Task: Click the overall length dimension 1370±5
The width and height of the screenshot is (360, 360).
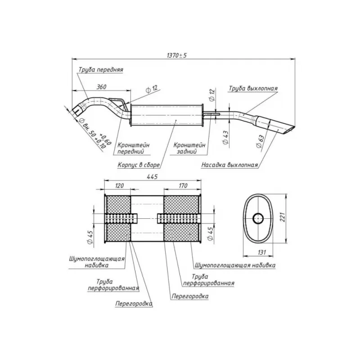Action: tap(176, 55)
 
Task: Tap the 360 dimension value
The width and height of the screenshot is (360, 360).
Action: tap(101, 87)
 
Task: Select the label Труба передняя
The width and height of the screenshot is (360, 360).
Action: tap(101, 70)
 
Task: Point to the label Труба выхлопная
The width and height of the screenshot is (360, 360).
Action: tap(253, 88)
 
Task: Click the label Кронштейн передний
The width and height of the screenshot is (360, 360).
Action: tap(133, 148)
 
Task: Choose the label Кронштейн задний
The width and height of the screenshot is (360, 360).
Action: tap(189, 148)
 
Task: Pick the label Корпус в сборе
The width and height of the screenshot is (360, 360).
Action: tap(139, 165)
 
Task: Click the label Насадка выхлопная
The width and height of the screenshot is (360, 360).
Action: tap(229, 165)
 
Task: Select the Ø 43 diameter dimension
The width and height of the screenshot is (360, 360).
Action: tap(225, 138)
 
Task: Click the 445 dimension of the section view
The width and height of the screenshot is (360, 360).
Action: tap(152, 176)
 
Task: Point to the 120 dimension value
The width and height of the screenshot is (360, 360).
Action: tap(119, 185)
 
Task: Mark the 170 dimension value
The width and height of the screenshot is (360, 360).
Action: tap(183, 185)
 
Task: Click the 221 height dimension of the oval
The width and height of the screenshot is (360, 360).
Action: tap(283, 217)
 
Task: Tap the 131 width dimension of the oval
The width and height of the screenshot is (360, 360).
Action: tap(261, 252)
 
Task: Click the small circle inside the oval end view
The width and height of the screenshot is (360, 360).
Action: tap(258, 218)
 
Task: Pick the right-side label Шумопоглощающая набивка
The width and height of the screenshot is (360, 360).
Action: tap(235, 265)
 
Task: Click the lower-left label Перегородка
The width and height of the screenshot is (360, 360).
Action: tap(134, 304)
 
